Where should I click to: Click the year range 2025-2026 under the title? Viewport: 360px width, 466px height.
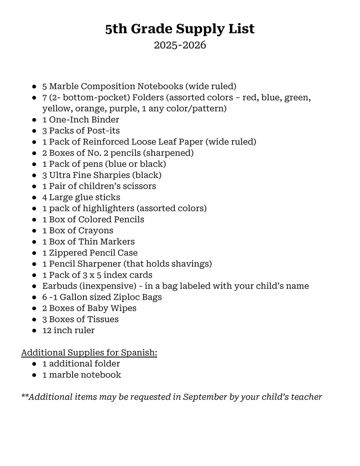tap(180, 45)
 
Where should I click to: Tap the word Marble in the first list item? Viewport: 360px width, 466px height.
tap(64, 86)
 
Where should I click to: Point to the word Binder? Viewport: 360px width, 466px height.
tap(106, 120)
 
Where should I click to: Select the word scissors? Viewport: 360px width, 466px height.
tap(139, 186)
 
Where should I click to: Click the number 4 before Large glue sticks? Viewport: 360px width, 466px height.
tap(45, 197)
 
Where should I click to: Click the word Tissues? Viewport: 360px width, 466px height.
tap(103, 319)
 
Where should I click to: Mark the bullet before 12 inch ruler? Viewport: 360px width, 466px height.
tap(35, 330)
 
